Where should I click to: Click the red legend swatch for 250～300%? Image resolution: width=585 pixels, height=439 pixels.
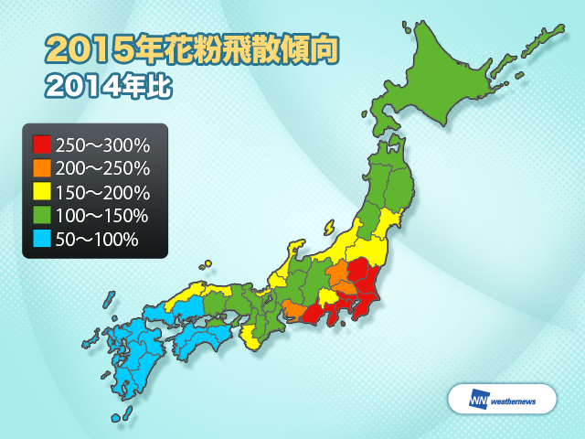[x=41, y=145]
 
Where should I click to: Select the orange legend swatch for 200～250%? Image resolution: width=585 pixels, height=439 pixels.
[x=41, y=168]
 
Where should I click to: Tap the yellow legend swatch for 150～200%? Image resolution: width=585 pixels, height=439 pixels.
[x=41, y=192]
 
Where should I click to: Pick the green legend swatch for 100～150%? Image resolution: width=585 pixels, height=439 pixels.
[x=41, y=216]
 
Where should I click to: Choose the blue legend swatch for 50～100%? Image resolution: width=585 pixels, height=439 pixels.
[x=41, y=240]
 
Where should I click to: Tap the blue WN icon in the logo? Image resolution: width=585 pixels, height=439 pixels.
[x=479, y=399]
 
